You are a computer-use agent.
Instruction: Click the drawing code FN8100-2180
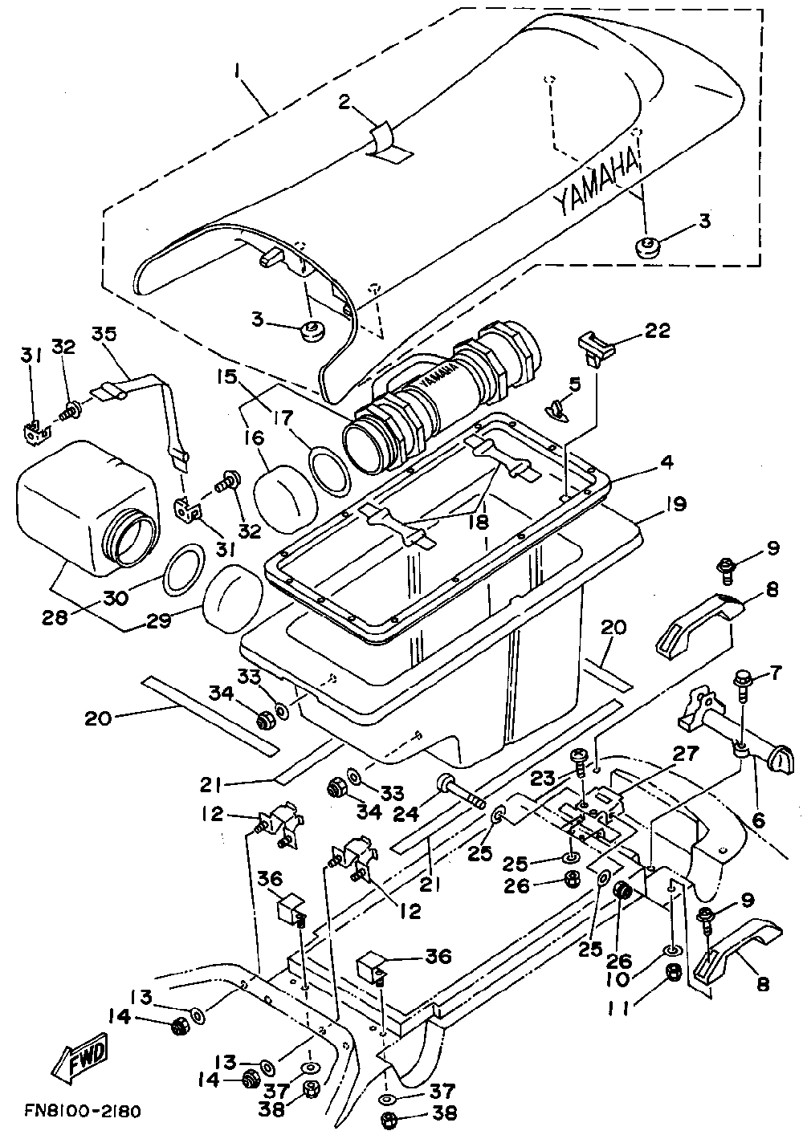pyautogui.click(x=82, y=1112)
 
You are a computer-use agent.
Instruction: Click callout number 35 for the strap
pyautogui.click(x=104, y=332)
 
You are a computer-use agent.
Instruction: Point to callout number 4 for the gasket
pyautogui.click(x=667, y=463)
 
